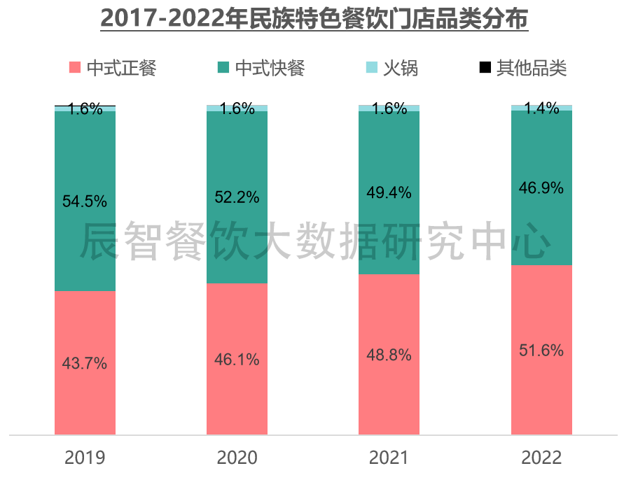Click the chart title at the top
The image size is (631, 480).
point(314,19)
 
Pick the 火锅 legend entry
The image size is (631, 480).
point(401,68)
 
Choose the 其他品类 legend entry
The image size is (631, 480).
point(531,68)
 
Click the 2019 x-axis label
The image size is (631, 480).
point(85,458)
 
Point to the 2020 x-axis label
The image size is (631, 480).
point(237,458)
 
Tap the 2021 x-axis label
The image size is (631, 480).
point(389,458)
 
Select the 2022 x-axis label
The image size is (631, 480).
point(541,458)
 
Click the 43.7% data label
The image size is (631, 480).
point(85,363)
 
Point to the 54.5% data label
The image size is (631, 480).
point(85,202)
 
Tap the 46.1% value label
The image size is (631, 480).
point(237,360)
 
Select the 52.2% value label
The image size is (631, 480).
point(237,197)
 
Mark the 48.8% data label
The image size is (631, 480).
point(389,355)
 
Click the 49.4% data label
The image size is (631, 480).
point(389,192)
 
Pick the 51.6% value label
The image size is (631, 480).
point(541,351)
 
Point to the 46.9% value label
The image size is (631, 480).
point(541,188)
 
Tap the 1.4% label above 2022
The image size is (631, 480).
point(541,108)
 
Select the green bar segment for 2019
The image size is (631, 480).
point(85,245)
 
